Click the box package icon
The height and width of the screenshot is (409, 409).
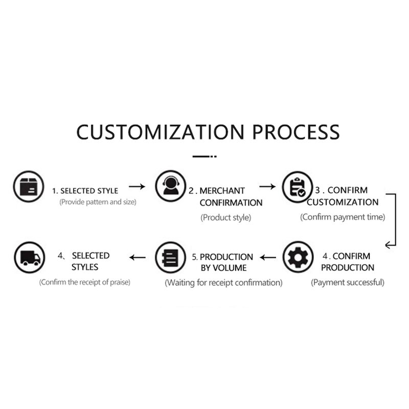point(29,186)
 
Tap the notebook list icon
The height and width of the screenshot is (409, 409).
point(170,256)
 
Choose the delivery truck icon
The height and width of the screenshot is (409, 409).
point(29,256)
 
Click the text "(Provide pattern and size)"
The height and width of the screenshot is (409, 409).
point(98,202)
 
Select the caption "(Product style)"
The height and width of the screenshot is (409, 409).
point(225,218)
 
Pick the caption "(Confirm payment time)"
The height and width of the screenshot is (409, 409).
point(342,217)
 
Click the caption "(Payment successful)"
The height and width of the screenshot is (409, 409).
point(348,282)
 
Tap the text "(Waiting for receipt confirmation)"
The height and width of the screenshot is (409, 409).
point(223,283)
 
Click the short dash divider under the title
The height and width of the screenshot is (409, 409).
point(204,155)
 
